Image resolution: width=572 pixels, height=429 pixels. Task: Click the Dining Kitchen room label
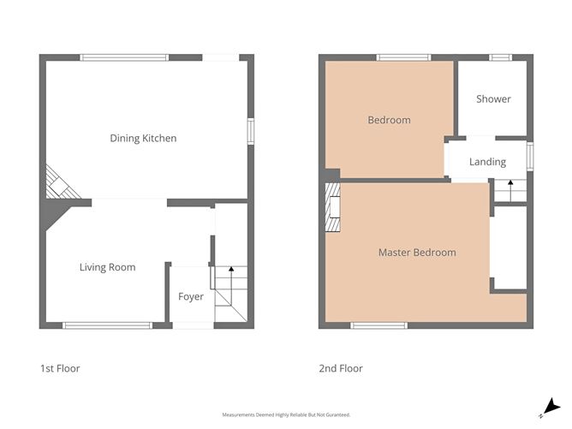click(x=143, y=138)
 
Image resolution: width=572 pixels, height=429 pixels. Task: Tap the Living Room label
click(x=108, y=267)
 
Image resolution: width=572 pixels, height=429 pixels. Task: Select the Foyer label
click(x=191, y=296)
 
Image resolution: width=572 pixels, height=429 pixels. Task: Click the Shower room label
click(x=493, y=98)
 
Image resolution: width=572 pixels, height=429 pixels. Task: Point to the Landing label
click(x=487, y=162)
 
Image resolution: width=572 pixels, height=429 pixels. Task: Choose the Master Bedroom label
click(x=417, y=253)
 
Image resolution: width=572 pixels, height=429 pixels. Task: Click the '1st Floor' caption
click(x=60, y=368)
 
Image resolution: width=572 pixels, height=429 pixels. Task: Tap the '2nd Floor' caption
click(x=341, y=368)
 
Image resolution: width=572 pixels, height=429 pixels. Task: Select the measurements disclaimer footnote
click(x=286, y=414)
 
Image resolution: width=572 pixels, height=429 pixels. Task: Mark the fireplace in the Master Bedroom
click(x=333, y=207)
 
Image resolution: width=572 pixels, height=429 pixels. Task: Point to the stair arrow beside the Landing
click(x=510, y=190)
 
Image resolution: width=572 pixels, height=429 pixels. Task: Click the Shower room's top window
click(x=500, y=57)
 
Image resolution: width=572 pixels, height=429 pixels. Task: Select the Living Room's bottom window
click(x=107, y=325)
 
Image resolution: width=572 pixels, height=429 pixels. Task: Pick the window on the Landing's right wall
click(x=530, y=157)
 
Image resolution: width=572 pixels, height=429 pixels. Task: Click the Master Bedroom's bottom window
click(x=379, y=325)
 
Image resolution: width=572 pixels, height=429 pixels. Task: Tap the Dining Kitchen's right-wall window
click(x=251, y=131)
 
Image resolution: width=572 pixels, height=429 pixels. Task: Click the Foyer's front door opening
click(x=193, y=325)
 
